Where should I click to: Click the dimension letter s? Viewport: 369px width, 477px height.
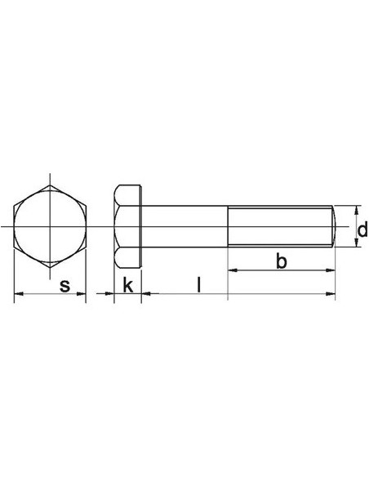click(x=64, y=286)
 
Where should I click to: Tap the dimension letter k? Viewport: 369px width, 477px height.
click(x=128, y=285)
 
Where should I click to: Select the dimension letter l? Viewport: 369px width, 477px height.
click(x=198, y=284)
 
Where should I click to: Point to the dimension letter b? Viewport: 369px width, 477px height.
click(x=282, y=261)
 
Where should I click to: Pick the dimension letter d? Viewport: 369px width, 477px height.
click(x=362, y=229)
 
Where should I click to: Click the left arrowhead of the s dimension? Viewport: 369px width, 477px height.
click(x=19, y=293)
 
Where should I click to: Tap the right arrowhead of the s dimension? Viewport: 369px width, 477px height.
click(x=81, y=293)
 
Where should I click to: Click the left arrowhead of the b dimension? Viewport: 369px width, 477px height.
click(x=233, y=270)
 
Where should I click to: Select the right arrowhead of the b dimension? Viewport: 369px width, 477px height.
click(x=330, y=270)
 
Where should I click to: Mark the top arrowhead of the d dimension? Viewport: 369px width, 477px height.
click(x=357, y=211)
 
